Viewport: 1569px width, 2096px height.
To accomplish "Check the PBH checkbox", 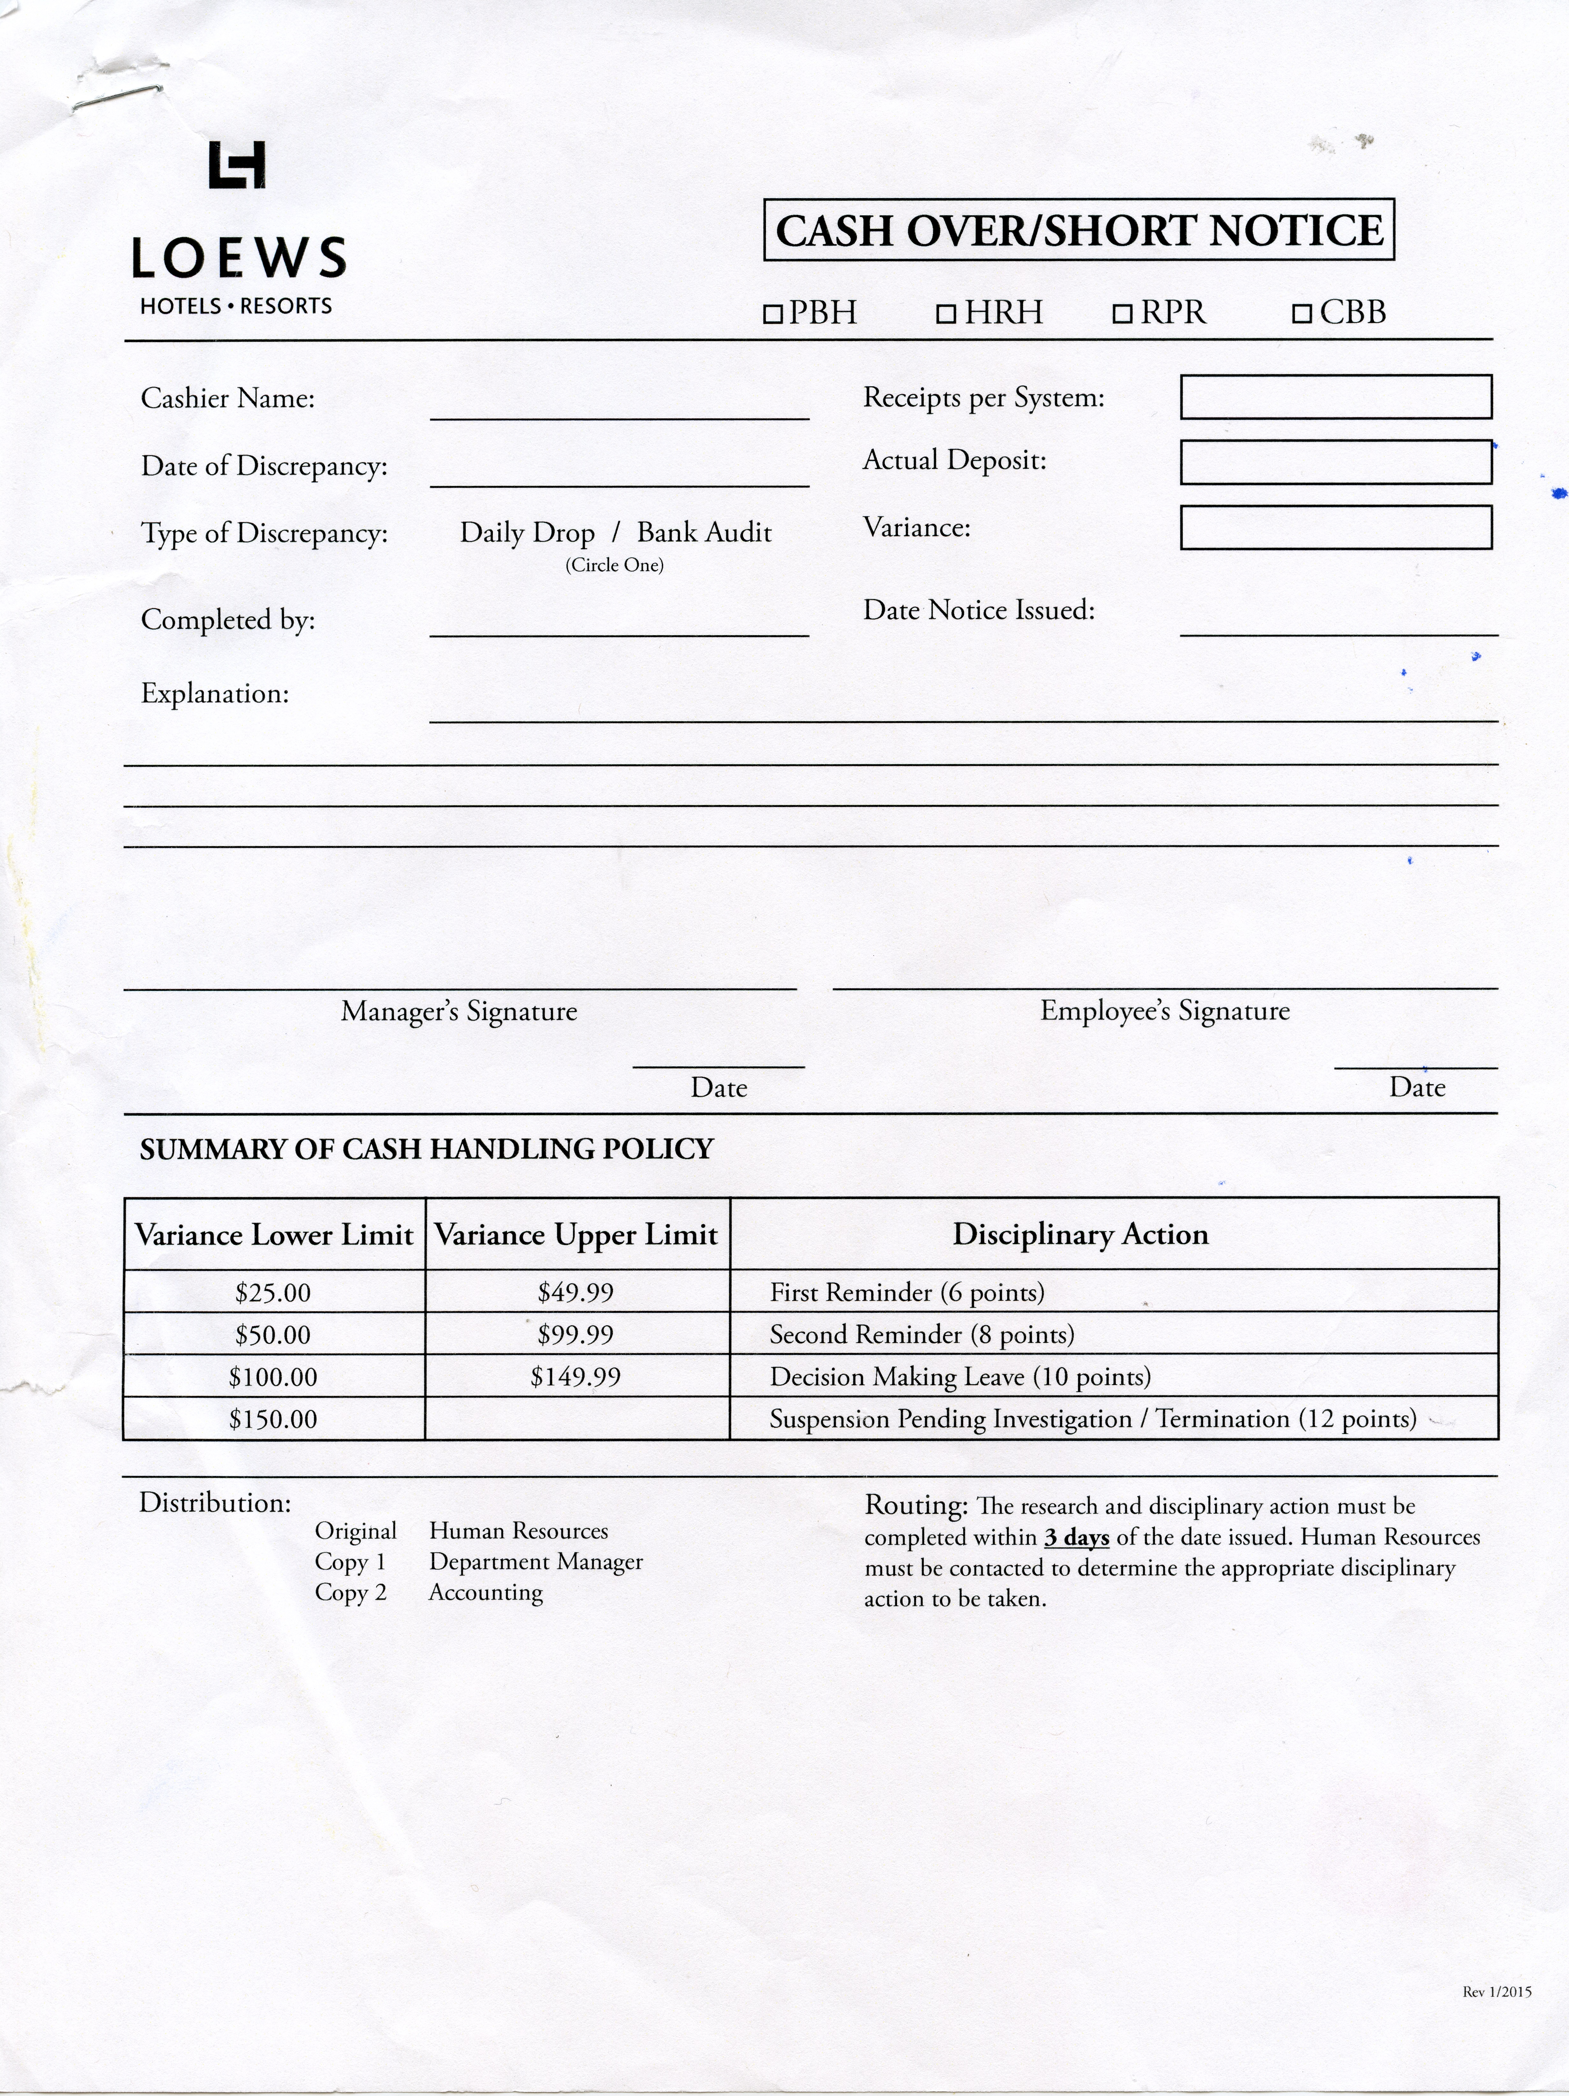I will [772, 314].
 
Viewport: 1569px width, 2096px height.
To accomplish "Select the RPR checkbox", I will [1122, 314].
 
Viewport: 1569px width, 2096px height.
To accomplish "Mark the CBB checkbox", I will [1302, 314].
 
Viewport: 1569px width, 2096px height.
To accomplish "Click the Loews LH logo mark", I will [237, 165].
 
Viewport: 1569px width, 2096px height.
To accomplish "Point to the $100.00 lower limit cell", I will [273, 1377].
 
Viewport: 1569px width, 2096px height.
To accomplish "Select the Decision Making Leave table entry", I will [960, 1377].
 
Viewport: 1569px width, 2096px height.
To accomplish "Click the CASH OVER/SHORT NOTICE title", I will [1079, 230].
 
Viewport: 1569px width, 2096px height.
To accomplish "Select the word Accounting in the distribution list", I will [486, 1593].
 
